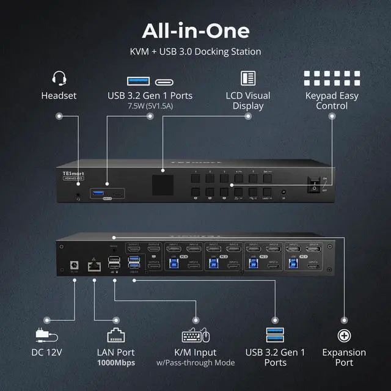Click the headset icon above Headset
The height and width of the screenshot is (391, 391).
coord(59,79)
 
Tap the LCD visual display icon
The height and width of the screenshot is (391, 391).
coord(248,79)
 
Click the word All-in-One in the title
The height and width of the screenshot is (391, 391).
coord(195,31)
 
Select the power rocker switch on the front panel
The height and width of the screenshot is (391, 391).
coord(314,184)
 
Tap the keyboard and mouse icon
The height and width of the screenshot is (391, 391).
coord(195,335)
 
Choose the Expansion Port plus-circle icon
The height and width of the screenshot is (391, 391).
coord(344,335)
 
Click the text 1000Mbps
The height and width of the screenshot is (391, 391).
coord(116,363)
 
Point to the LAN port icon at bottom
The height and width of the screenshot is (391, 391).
coord(115,335)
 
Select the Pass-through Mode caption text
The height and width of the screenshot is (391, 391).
coord(195,363)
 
